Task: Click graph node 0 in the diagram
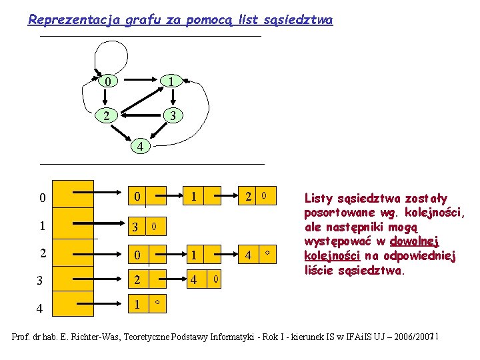click(106, 81)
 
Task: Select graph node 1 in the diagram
click(171, 81)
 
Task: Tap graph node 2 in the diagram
click(106, 116)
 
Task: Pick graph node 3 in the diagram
click(172, 116)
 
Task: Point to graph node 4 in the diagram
click(139, 146)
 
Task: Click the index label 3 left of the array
click(42, 281)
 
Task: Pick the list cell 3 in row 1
click(135, 227)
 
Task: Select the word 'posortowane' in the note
click(337, 213)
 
